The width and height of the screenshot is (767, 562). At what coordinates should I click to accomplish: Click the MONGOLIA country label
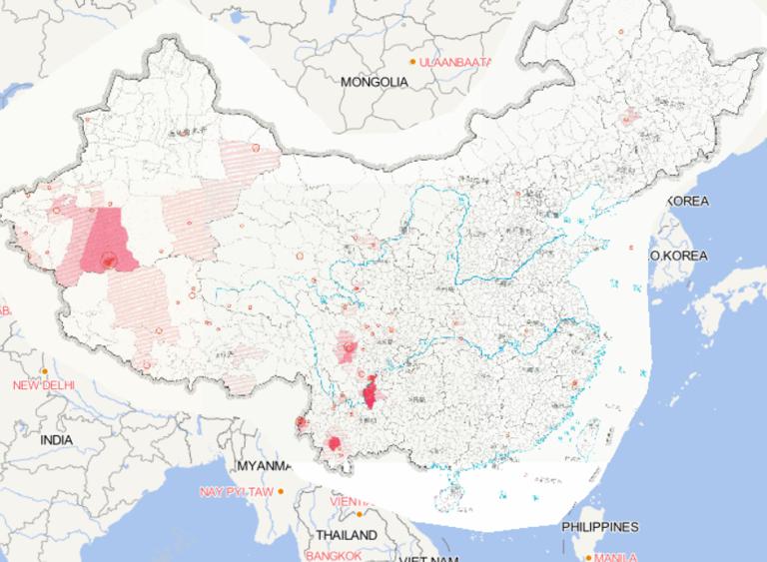pos(374,82)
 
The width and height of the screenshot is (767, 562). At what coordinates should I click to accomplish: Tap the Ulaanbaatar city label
pos(455,62)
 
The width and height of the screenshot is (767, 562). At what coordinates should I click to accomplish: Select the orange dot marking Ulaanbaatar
pos(412,61)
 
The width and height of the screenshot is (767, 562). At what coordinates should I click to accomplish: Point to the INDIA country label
pos(56,439)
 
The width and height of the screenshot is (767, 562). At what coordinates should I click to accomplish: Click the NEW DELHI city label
pos(43,385)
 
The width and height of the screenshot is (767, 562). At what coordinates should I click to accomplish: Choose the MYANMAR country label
pos(264,466)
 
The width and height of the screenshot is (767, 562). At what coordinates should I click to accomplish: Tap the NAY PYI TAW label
pos(236,492)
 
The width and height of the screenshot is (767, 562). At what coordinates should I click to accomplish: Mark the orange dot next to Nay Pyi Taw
pos(281,491)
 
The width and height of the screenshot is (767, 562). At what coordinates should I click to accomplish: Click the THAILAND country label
pos(348,535)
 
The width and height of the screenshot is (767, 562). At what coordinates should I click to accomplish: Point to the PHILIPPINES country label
pos(599,526)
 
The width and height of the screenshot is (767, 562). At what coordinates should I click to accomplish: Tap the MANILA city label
pos(615,557)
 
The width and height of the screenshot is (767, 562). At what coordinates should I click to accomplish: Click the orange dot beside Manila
pos(589,557)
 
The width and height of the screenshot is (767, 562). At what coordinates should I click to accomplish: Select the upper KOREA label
pos(688,201)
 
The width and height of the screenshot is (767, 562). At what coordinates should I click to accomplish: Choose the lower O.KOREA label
pos(678,256)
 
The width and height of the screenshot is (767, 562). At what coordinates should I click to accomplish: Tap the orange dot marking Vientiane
pos(360,514)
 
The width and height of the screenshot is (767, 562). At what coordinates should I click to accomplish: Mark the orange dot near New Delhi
pos(45,371)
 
